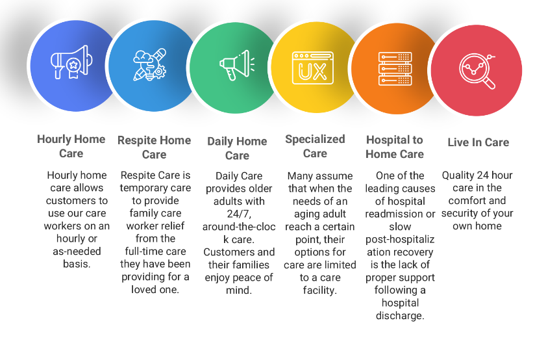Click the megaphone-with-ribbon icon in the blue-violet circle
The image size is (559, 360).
(x=71, y=62)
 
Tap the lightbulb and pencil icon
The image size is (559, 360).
(x=150, y=64)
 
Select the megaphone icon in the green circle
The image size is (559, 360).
(x=236, y=65)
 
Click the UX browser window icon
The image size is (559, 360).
(x=313, y=68)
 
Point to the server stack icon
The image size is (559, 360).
(x=395, y=69)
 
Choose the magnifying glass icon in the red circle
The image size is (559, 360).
(x=477, y=71)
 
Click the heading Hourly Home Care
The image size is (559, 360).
(x=71, y=146)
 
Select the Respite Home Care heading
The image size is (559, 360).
(x=154, y=148)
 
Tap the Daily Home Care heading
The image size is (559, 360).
(x=237, y=148)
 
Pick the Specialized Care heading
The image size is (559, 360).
(x=315, y=146)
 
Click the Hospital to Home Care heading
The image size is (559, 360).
(x=395, y=147)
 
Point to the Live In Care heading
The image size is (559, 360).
(x=478, y=142)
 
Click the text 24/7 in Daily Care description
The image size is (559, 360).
(x=239, y=214)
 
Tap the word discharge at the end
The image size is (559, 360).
(x=399, y=316)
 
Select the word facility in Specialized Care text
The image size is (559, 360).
(x=318, y=290)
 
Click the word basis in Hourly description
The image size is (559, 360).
(x=75, y=264)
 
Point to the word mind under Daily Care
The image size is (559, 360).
(x=238, y=290)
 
